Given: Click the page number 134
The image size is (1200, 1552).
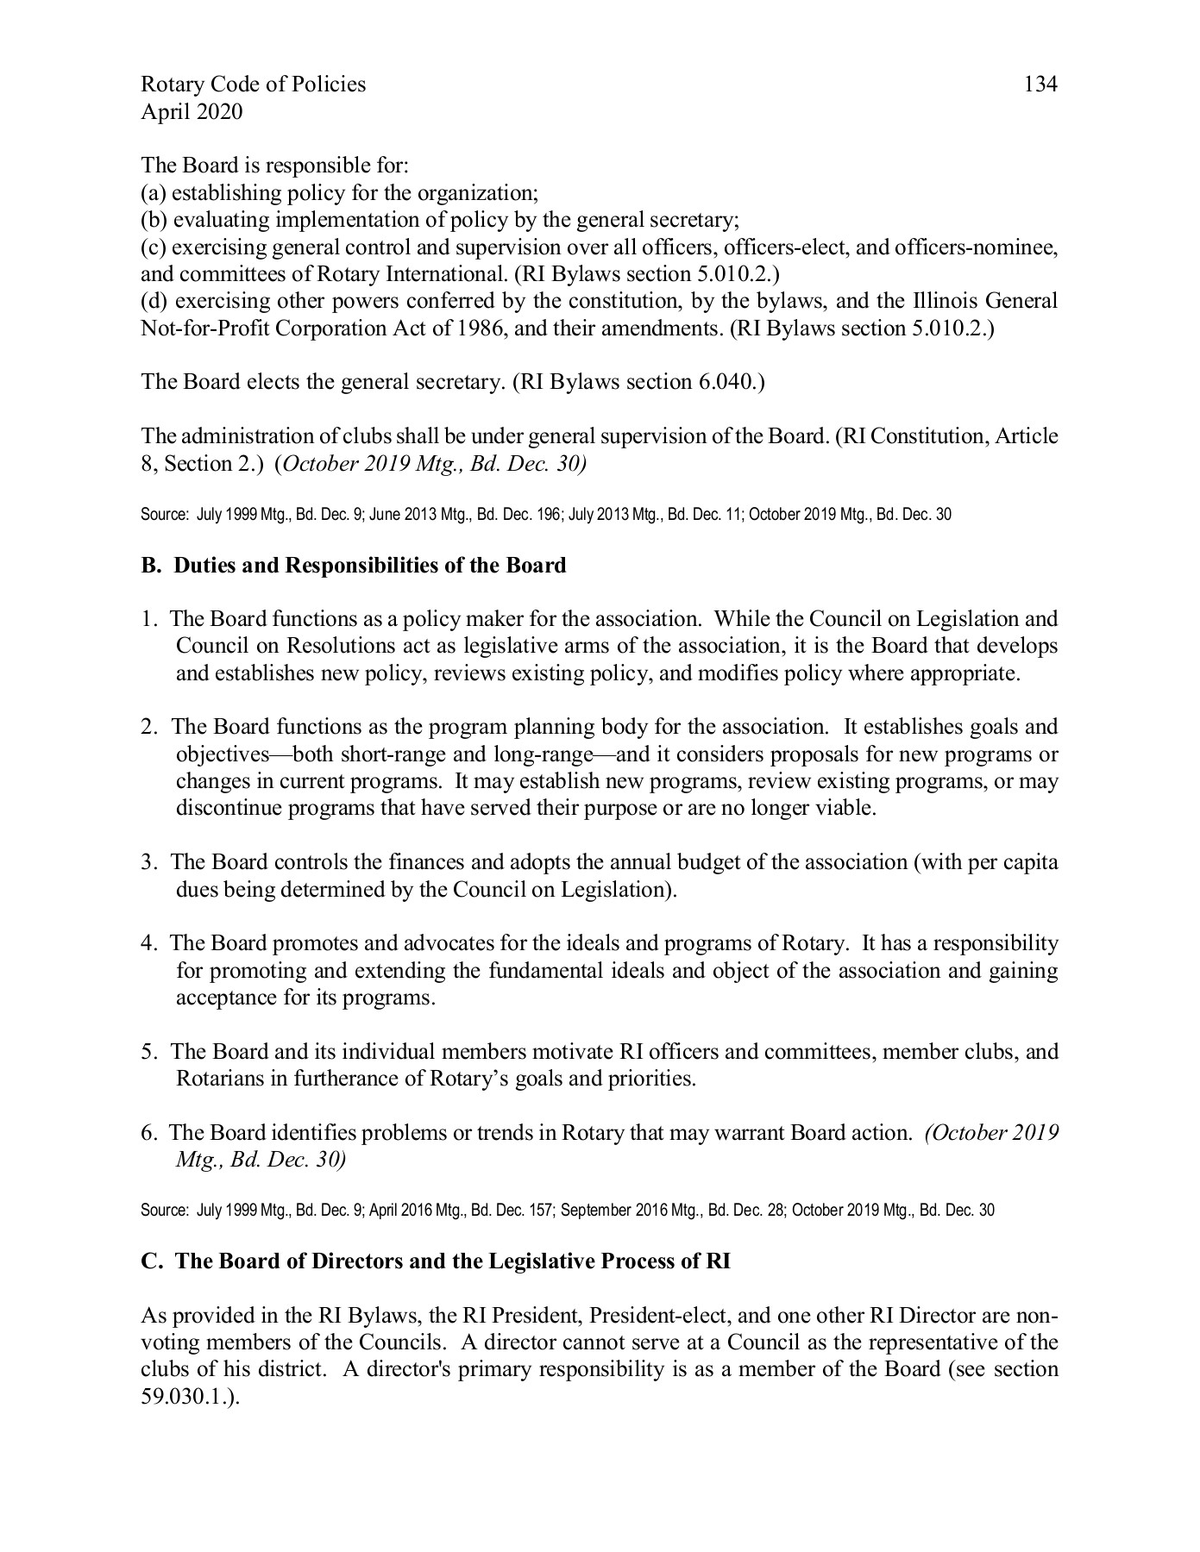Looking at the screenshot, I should (1040, 84).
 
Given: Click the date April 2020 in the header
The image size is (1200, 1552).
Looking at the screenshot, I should (192, 112).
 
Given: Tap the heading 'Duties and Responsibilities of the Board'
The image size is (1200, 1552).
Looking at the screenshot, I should (369, 566).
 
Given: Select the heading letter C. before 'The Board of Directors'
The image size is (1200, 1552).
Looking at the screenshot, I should (152, 1261).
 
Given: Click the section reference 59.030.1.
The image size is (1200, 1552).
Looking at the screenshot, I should (186, 1397).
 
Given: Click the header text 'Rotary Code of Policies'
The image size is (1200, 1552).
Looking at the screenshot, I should (253, 84).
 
